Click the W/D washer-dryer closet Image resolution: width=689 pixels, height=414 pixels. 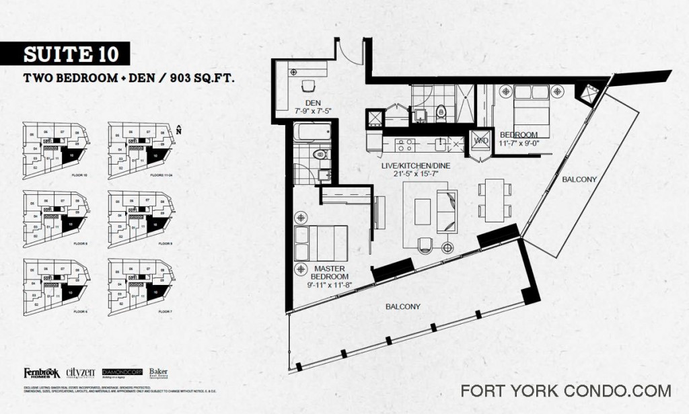[481, 141]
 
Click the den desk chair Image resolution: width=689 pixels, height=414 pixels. [308, 87]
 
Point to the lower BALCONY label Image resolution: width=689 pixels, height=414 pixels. [403, 306]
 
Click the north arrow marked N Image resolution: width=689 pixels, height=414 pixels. [178, 130]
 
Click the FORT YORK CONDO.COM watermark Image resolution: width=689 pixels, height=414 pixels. [565, 390]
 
